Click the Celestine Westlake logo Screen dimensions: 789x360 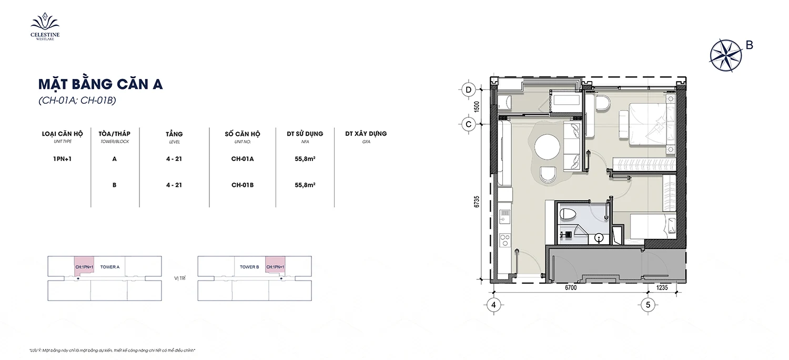45,26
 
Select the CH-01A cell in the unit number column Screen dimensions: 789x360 242,158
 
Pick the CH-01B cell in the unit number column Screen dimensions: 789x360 242,185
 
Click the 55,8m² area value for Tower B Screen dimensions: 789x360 305,185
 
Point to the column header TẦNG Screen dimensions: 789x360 174,134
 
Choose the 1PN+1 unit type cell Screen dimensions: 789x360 63,158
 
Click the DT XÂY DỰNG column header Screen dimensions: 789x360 366,134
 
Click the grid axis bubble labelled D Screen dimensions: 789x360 469,89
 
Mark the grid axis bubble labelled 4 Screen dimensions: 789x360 493,305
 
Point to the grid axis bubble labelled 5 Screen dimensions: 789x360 648,305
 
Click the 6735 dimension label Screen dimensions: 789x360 477,202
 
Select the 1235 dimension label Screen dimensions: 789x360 662,288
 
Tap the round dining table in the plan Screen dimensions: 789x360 547,147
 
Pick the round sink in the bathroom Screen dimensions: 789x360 599,238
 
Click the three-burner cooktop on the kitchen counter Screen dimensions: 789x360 505,240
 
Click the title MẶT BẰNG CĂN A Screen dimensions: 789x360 100,84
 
